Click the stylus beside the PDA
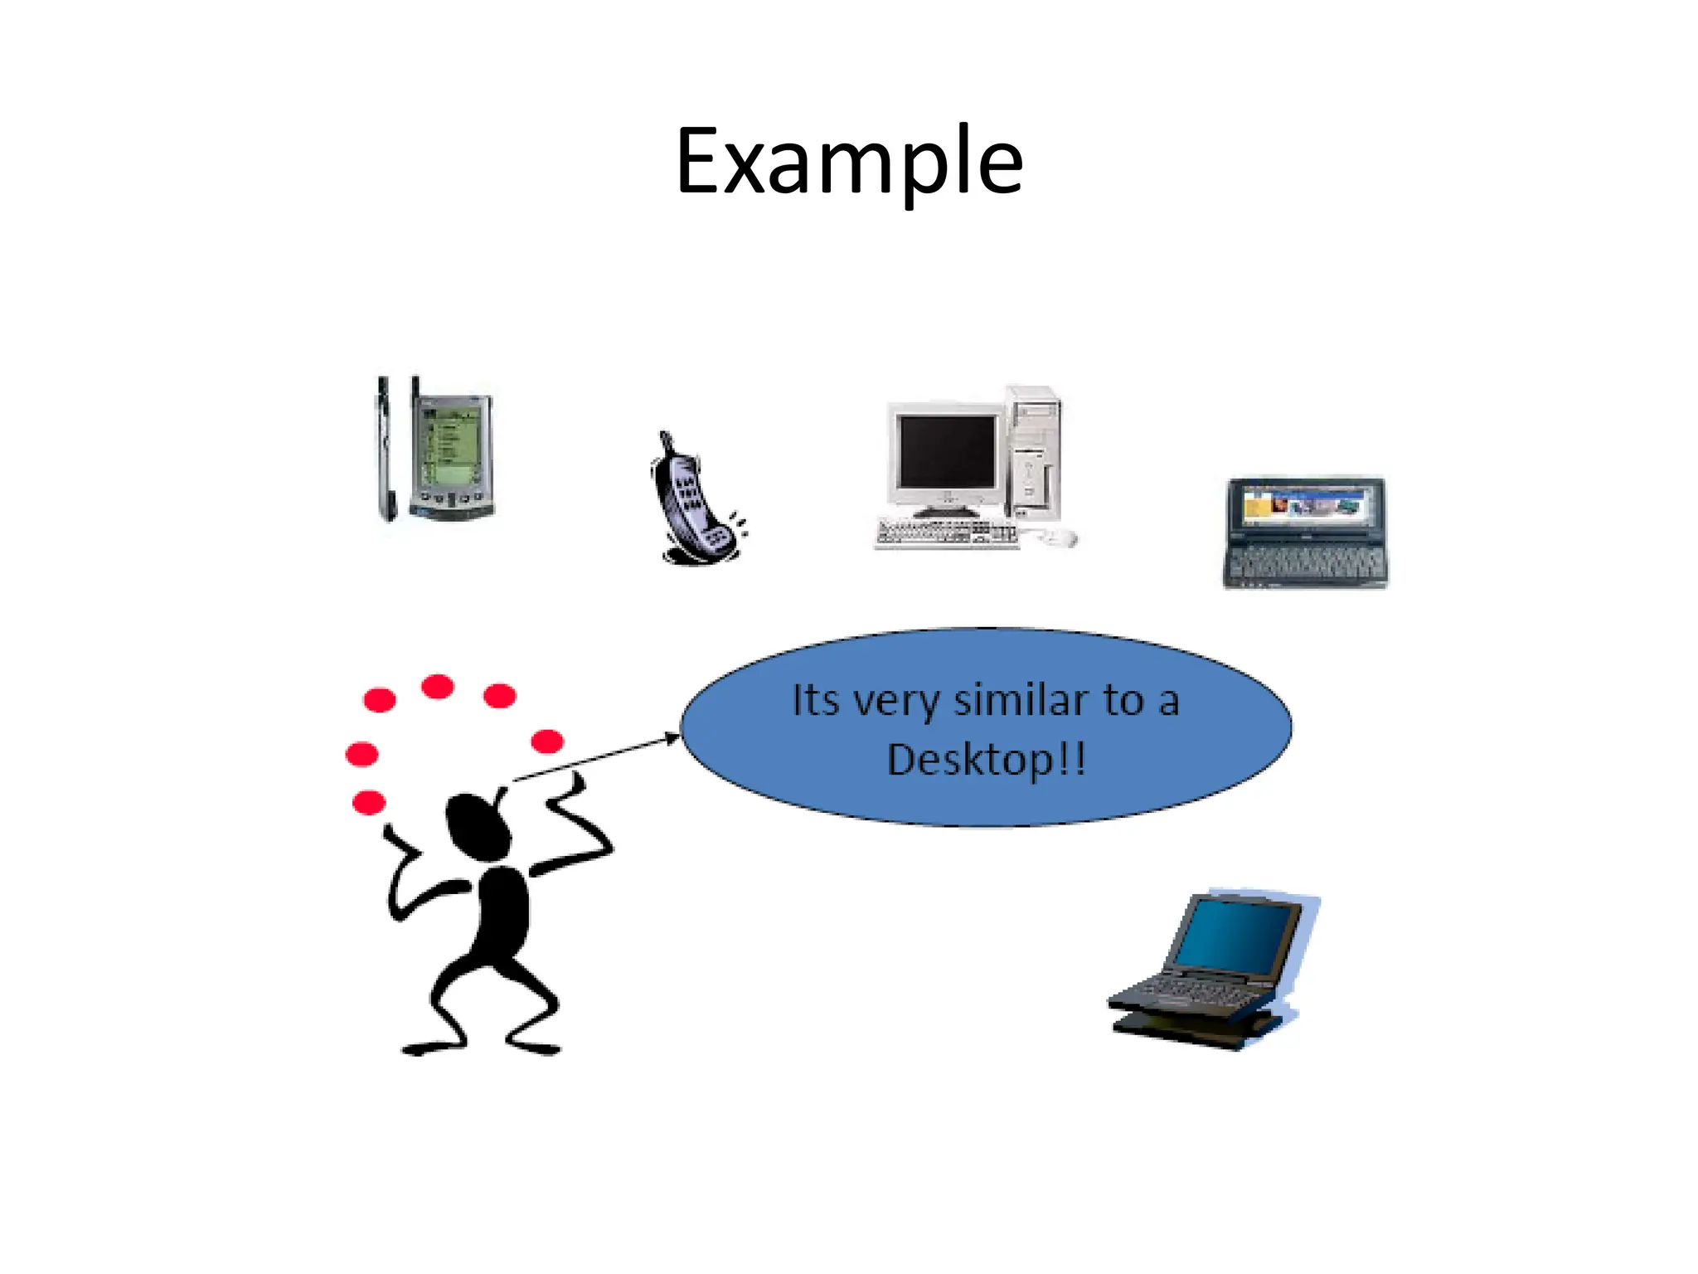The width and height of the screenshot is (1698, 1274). tap(385, 448)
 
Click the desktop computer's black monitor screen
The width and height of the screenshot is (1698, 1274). tap(948, 452)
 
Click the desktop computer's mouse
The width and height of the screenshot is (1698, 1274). tap(1058, 538)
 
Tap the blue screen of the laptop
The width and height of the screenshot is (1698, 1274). tap(1234, 936)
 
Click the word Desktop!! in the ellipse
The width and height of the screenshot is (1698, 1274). tap(986, 760)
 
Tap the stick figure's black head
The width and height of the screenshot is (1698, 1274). tap(478, 825)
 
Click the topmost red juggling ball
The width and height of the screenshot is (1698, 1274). tap(438, 687)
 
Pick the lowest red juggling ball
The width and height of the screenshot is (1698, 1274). tap(369, 802)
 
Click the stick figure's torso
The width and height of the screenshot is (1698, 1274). tap(502, 908)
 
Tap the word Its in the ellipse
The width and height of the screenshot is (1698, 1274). tap(815, 700)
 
